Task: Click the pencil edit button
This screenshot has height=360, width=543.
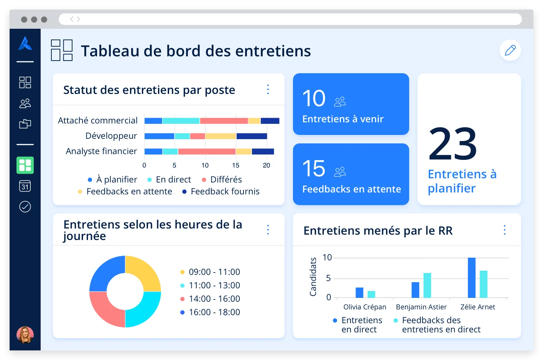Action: point(510,50)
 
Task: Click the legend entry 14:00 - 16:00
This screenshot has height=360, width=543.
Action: point(214,299)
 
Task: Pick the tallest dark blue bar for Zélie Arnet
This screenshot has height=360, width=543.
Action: point(472,278)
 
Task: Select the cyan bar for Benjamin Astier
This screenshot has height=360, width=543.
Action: point(427,285)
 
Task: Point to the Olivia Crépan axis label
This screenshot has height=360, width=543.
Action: point(365,307)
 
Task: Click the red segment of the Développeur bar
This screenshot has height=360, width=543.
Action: point(197,136)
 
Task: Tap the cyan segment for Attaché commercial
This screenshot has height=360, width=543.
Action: point(181,121)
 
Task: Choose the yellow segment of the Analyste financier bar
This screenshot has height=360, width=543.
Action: point(244,151)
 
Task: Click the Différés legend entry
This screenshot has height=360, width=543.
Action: point(226,179)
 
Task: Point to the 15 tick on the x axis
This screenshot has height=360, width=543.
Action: point(235,165)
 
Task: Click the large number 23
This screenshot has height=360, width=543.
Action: point(453,144)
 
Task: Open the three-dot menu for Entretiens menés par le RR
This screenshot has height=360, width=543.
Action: point(504,230)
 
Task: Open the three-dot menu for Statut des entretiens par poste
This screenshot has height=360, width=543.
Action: point(268,89)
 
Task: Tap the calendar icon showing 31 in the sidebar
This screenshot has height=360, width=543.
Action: point(25,186)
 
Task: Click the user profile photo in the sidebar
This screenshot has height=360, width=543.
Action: point(25,334)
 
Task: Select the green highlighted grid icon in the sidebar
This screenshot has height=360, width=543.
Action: point(25,166)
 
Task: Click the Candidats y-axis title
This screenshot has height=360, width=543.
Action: point(313,277)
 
